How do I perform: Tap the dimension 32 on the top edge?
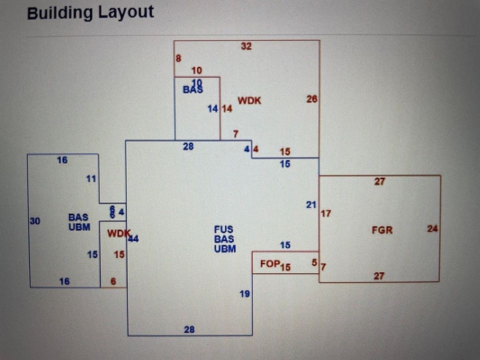click(246, 46)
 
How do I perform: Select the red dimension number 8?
click(178, 58)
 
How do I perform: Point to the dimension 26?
click(312, 99)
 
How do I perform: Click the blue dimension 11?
click(91, 178)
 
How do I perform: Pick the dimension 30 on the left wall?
click(34, 221)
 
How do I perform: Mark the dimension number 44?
click(133, 239)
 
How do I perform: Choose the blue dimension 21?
click(311, 204)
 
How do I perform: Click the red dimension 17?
click(326, 213)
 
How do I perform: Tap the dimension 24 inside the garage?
click(432, 228)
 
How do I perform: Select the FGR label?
click(382, 230)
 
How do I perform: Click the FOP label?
click(269, 263)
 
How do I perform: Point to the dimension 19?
click(244, 294)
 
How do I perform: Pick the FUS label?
click(223, 229)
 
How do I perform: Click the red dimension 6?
click(113, 281)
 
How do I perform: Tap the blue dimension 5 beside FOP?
click(314, 262)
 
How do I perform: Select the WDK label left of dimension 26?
click(249, 100)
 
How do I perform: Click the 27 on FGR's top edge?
click(379, 181)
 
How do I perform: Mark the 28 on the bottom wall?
click(189, 329)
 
